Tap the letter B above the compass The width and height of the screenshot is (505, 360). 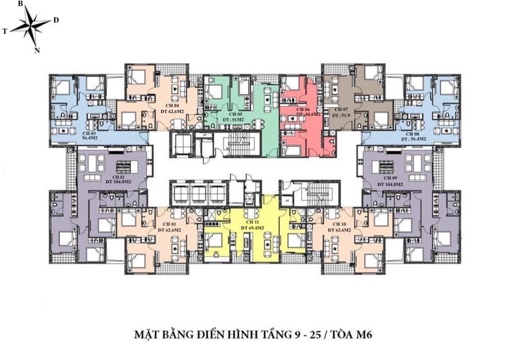20,4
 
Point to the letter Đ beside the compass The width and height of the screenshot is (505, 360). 56,20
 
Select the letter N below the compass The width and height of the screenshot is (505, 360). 37,50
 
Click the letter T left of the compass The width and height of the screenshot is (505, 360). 5,32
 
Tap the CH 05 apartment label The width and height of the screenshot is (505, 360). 236,115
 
